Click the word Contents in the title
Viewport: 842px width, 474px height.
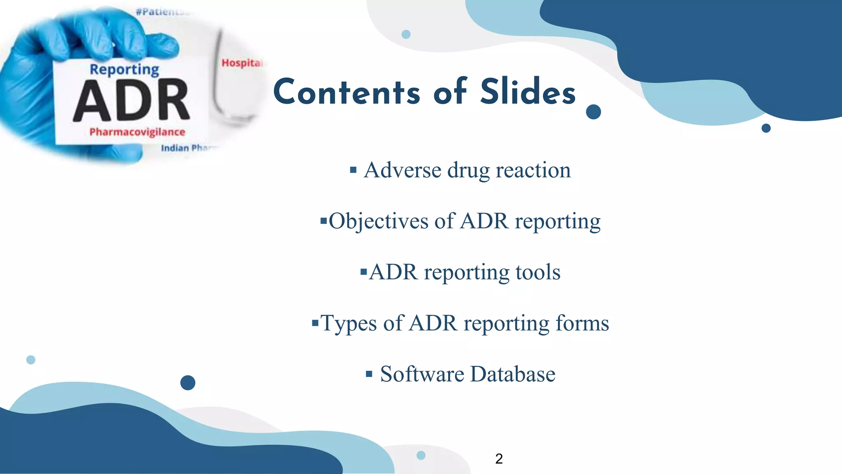[347, 92]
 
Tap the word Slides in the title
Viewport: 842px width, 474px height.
[528, 92]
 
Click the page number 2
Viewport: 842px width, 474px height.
[499, 458]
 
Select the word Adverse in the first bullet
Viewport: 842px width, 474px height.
[402, 170]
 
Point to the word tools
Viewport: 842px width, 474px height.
[538, 272]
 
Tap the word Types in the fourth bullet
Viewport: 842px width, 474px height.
[348, 323]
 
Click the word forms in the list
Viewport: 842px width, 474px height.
[582, 323]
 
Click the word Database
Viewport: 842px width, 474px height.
[513, 374]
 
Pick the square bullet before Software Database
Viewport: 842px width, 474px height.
[369, 374]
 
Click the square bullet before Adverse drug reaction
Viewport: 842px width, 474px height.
[353, 170]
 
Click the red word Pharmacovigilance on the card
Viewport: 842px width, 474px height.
[137, 132]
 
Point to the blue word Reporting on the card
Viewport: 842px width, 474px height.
[124, 70]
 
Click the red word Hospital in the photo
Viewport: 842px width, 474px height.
[242, 63]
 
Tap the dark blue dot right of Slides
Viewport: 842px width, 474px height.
[593, 112]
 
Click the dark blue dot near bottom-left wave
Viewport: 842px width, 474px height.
[187, 383]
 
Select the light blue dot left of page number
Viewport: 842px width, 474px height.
[421, 455]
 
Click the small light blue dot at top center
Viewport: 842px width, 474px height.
[406, 34]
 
